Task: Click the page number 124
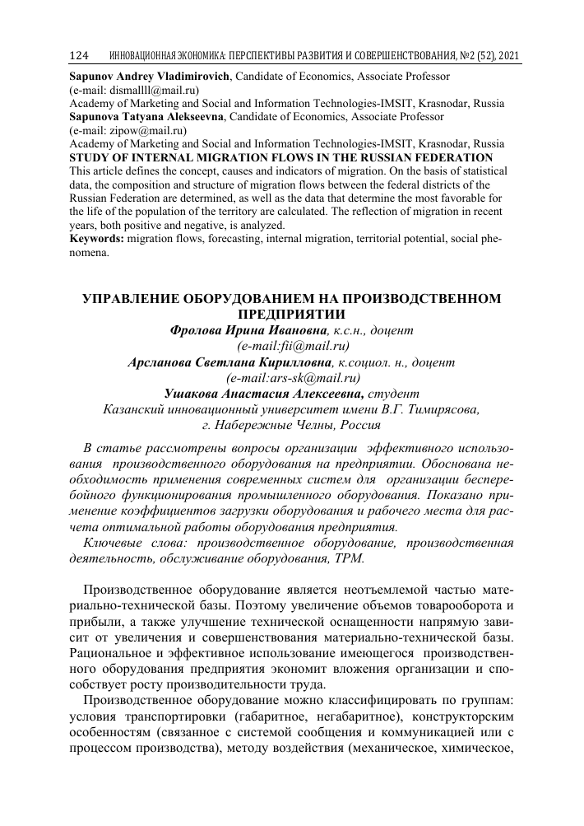click(x=79, y=56)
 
